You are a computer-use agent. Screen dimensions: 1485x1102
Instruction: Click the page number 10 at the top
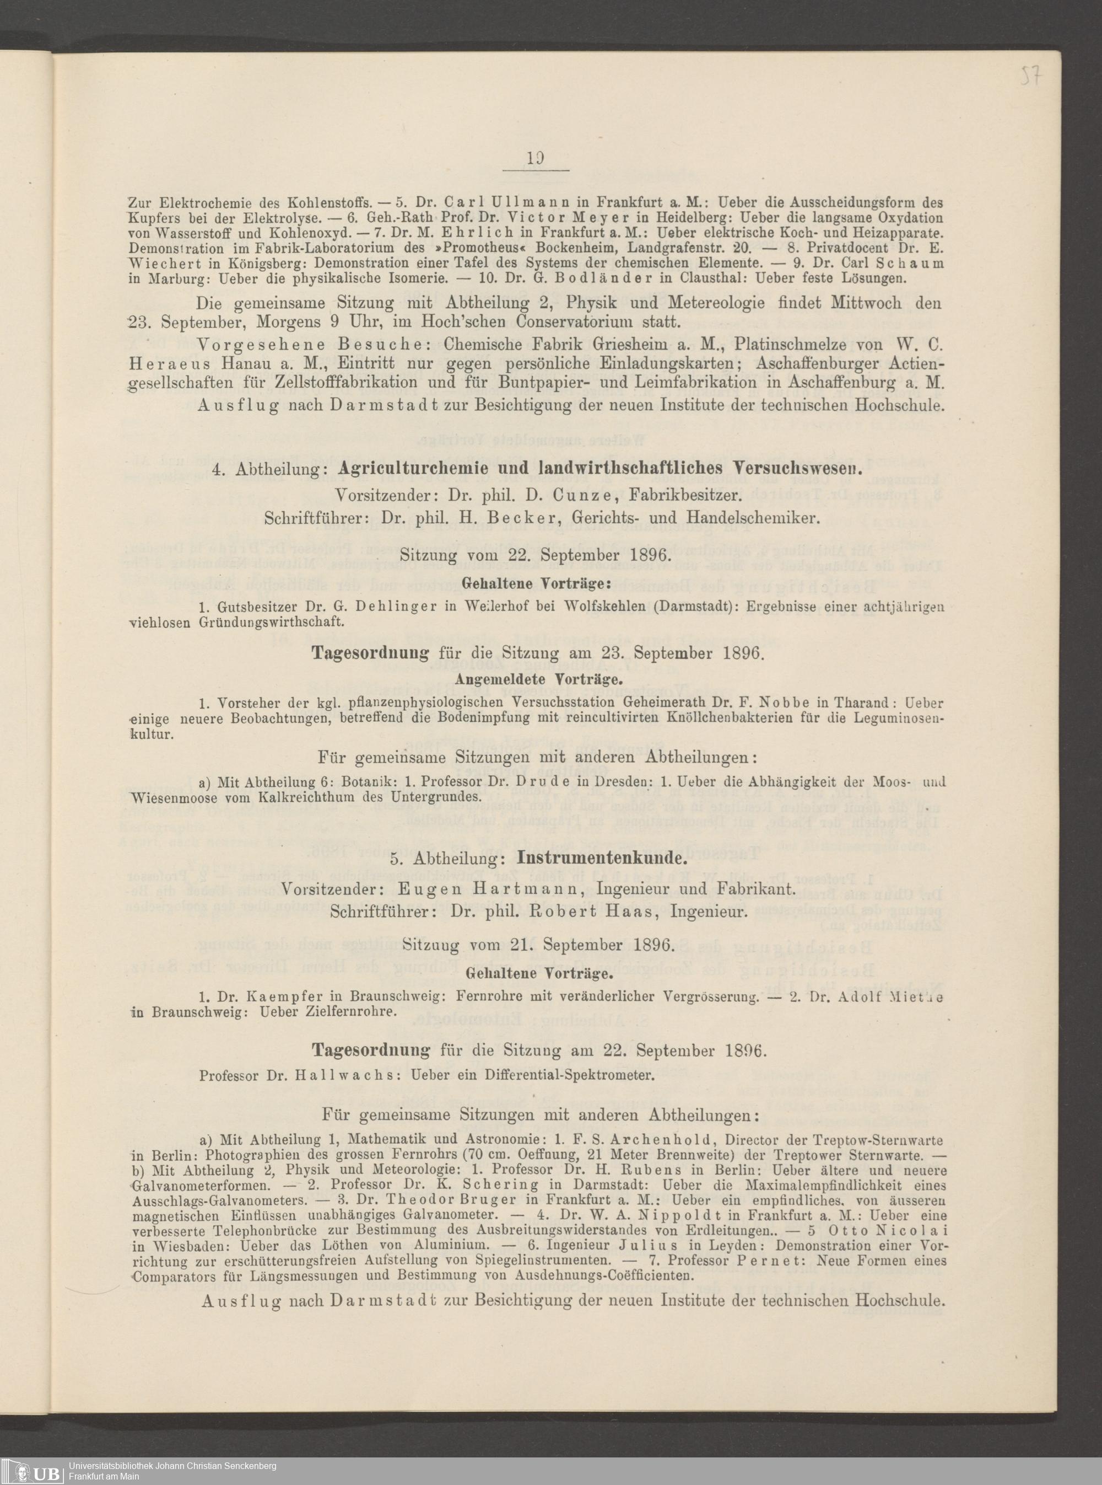point(534,159)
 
